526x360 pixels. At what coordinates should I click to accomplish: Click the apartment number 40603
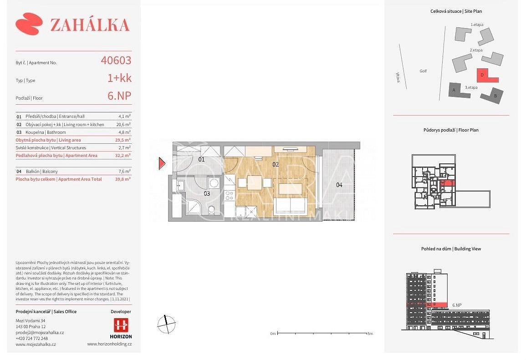116,61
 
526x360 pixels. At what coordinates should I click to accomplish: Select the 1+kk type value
119,78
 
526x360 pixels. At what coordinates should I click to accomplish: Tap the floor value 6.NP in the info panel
119,96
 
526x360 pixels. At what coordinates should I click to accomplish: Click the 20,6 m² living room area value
123,124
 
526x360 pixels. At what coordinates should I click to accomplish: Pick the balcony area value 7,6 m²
124,171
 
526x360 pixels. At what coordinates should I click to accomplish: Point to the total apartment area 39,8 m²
123,179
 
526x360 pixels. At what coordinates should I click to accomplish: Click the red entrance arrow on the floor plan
162,163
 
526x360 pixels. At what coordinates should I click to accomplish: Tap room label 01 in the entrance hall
201,160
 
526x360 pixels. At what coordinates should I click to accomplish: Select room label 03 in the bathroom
207,194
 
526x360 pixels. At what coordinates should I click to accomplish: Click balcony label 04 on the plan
339,185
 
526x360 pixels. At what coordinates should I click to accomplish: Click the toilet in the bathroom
211,210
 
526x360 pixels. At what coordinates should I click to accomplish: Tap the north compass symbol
166,325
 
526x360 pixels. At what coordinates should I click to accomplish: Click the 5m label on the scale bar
370,334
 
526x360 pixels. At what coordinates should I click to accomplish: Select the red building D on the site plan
487,76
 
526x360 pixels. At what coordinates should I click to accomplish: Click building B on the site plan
492,96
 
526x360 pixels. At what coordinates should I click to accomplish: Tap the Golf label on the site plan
423,71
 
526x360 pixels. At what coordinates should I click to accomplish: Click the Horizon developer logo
121,329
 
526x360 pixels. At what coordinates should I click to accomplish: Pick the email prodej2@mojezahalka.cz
40,333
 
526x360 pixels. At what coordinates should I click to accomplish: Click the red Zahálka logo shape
29,24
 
